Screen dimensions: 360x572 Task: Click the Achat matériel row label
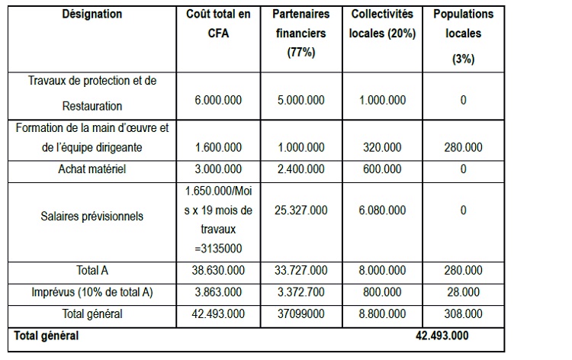92,169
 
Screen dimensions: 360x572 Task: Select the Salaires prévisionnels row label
92,216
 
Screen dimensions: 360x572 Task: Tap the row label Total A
92,270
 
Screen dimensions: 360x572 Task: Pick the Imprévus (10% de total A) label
92,291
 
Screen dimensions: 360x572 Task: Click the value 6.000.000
218,100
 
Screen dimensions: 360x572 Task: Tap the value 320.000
382,148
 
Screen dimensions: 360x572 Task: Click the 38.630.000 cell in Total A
218,270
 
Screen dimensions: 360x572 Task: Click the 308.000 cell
463,313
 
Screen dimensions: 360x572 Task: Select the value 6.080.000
382,210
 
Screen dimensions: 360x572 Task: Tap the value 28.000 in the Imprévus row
463,291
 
